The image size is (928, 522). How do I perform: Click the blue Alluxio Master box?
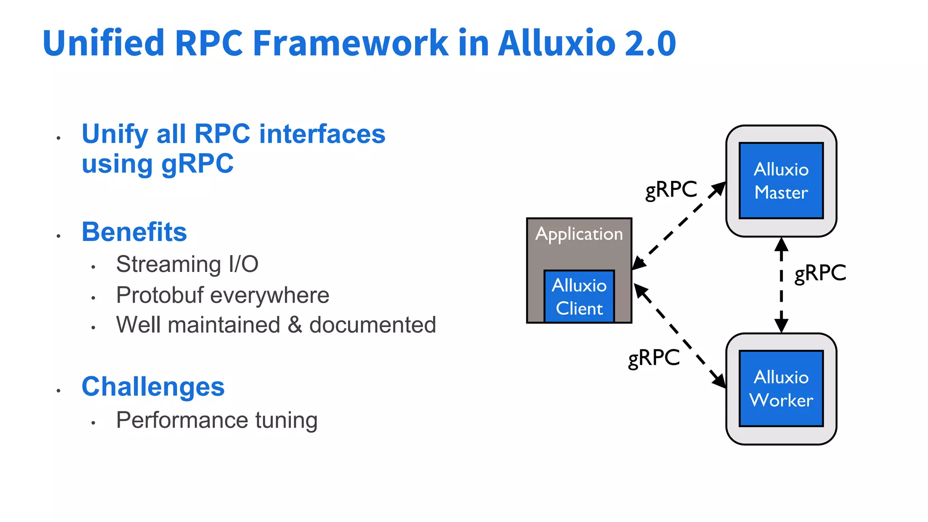[781, 181]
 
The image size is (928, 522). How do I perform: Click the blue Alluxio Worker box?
[781, 388]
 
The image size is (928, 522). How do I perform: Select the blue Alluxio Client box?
[579, 297]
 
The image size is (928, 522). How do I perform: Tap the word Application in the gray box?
[579, 234]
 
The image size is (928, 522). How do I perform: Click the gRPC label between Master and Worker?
[820, 273]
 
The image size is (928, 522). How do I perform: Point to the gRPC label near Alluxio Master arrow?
[671, 189]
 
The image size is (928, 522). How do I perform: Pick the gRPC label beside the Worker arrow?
[654, 358]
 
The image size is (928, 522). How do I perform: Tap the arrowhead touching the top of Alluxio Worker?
[781, 326]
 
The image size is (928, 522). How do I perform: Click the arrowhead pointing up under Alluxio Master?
[781, 245]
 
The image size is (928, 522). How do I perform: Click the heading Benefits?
[134, 232]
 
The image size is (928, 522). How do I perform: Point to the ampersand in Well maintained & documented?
[295, 325]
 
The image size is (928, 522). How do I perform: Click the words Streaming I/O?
[187, 264]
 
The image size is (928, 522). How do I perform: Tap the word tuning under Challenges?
[286, 420]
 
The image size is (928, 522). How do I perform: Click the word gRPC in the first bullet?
[197, 164]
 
